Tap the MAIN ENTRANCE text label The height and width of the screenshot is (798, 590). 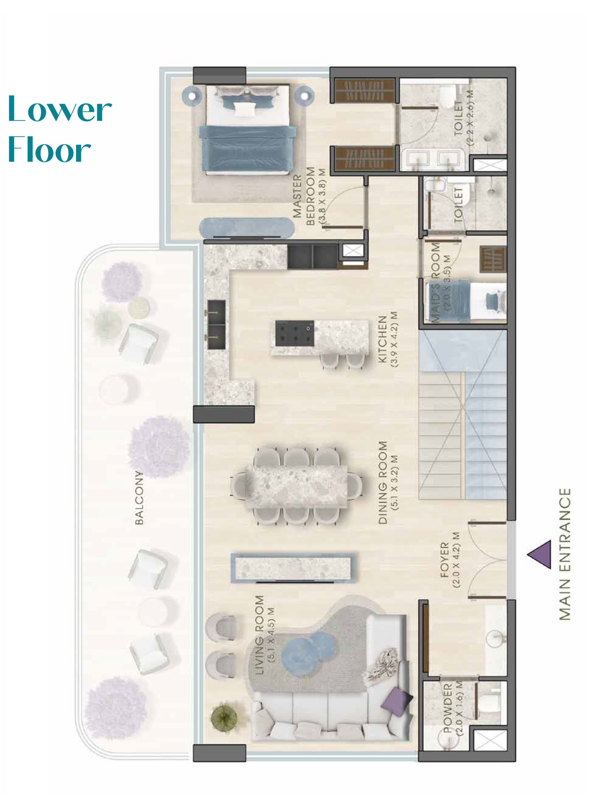click(565, 554)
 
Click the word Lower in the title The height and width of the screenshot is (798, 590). click(60, 109)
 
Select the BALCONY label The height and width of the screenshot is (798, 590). click(139, 497)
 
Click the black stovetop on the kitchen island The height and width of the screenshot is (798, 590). click(295, 333)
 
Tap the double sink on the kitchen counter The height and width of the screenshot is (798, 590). click(217, 325)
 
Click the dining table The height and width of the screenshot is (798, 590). click(296, 486)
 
